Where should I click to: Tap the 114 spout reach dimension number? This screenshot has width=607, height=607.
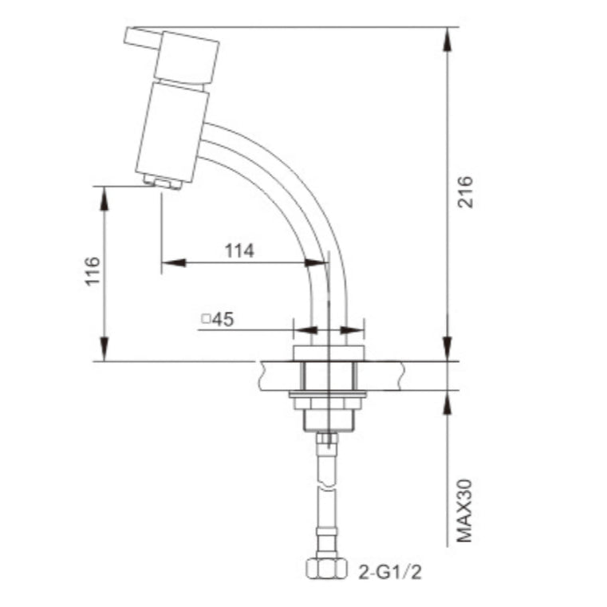(238, 250)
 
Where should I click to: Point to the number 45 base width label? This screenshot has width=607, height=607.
(223, 320)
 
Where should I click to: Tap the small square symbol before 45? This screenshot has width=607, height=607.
(206, 320)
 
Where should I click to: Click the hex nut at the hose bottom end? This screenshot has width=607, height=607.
(326, 568)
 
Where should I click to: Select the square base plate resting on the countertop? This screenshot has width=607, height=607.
(329, 353)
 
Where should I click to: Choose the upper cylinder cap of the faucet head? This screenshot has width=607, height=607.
(187, 58)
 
